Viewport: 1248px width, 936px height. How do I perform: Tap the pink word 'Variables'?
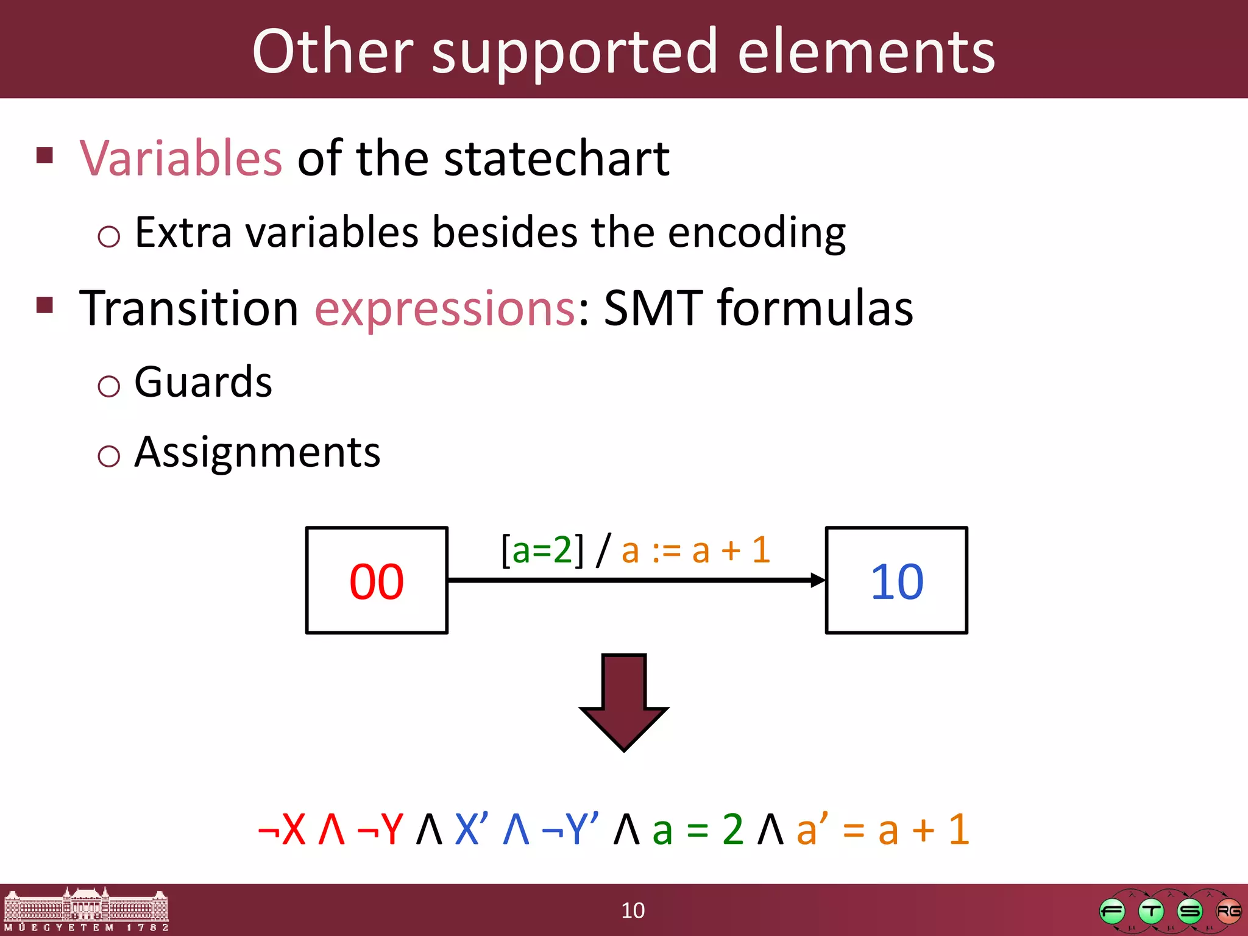coord(181,158)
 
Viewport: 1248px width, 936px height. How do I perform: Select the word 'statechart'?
coord(556,158)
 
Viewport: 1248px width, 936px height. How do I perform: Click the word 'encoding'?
coord(756,233)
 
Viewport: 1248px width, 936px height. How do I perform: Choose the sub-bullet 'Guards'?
coord(203,383)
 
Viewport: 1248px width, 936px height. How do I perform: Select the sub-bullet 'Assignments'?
coord(257,453)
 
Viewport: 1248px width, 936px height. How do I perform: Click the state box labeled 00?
coord(377,581)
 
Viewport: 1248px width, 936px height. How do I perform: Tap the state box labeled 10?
coord(896,581)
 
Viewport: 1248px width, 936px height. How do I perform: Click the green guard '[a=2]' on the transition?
coord(542,550)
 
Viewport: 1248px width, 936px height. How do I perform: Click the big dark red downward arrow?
coord(624,701)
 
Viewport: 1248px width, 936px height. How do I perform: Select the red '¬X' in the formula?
coord(282,829)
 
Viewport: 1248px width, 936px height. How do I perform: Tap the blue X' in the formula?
coord(471,829)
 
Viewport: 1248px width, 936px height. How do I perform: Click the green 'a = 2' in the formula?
coord(698,829)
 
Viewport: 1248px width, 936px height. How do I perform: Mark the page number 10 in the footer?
coord(633,910)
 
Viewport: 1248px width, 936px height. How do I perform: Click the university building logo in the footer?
coord(86,910)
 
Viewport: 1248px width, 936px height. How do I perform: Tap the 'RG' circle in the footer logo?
coord(1228,911)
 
